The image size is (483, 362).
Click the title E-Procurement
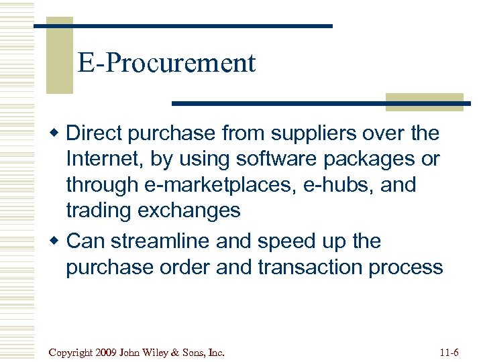(x=166, y=63)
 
